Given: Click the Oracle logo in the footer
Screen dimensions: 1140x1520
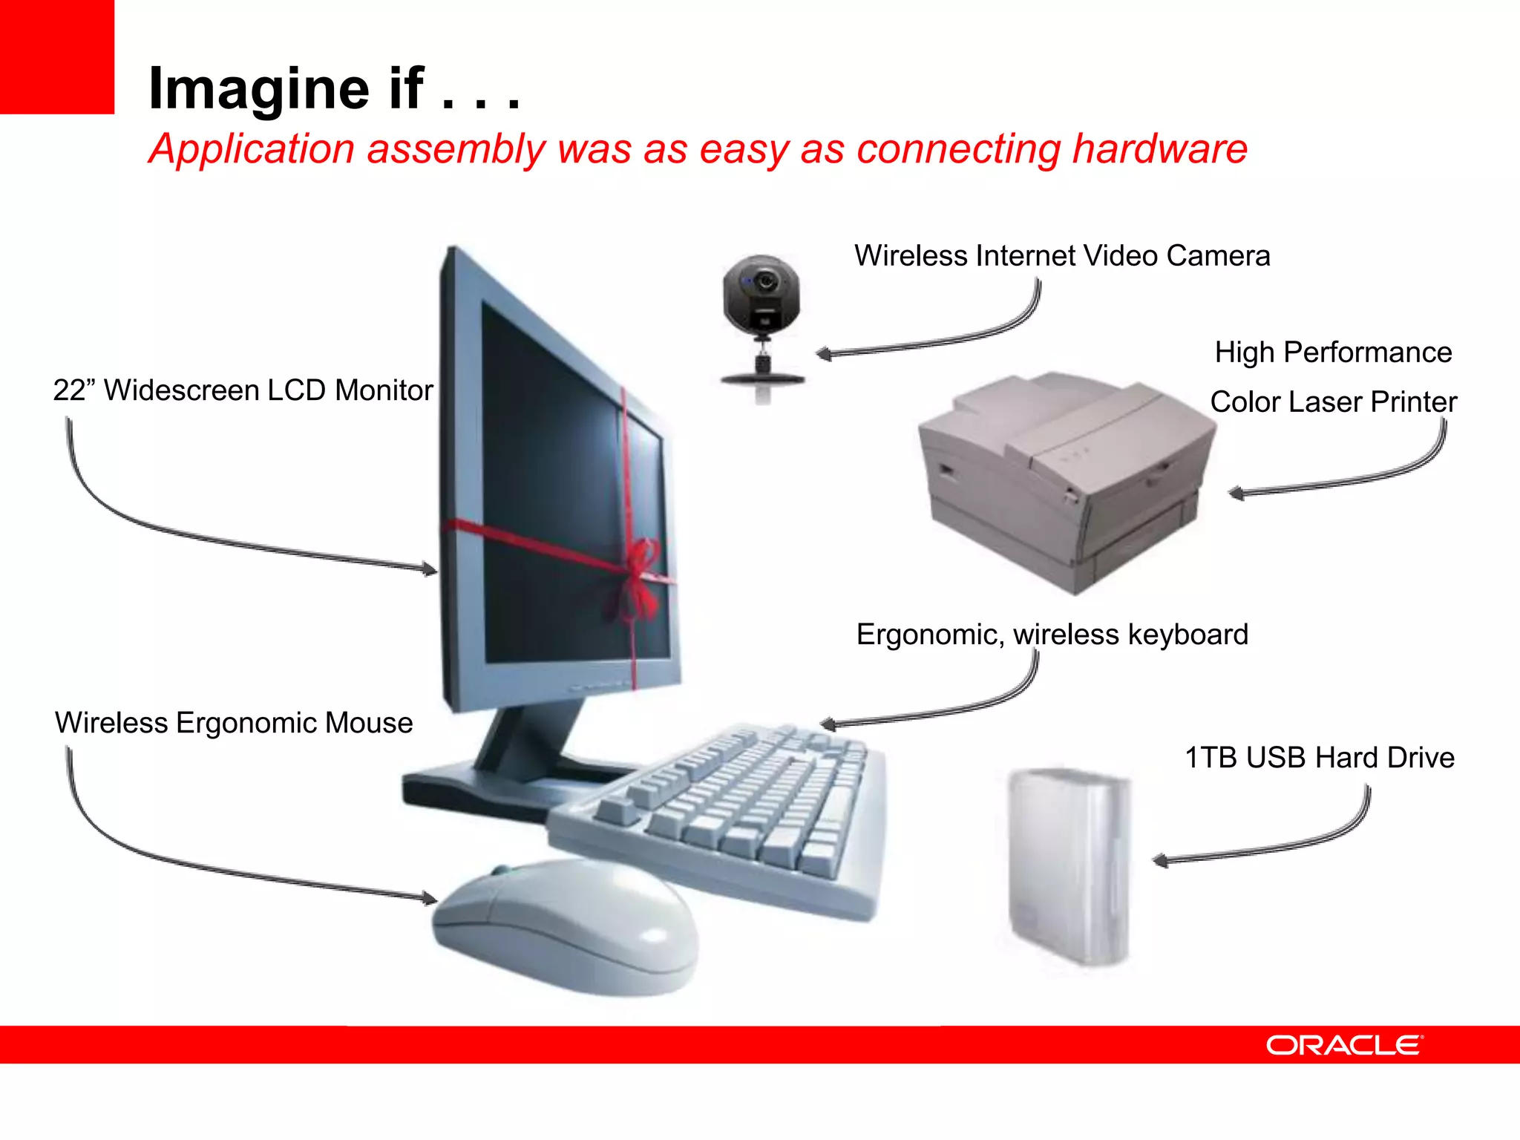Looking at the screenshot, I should point(1344,1045).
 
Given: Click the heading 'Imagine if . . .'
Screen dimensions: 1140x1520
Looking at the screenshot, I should point(334,88).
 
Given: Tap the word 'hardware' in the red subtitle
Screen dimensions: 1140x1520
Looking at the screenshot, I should point(1159,148).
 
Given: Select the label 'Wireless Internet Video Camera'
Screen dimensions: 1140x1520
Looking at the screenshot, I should point(1061,256).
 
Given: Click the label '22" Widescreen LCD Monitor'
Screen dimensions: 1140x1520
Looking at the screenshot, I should point(243,390).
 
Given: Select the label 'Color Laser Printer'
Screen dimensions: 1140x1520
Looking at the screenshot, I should point(1333,402).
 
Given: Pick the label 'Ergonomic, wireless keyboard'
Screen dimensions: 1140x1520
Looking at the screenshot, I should point(1052,635).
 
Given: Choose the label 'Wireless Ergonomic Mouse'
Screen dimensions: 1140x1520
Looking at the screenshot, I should point(234,723).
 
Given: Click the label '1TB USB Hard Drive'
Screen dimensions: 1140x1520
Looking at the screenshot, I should point(1319,758).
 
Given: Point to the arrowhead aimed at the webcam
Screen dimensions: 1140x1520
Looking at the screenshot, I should point(822,354).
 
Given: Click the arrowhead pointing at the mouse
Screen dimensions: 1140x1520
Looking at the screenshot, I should point(430,899).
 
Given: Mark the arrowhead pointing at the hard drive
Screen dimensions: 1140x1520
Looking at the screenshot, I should point(1159,861).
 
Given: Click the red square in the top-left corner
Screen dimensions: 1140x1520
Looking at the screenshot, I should point(56,56).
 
